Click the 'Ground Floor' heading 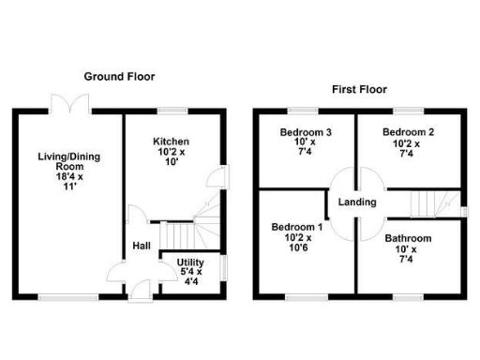(x=119, y=76)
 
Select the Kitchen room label (x=172, y=142)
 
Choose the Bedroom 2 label (x=408, y=133)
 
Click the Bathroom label (x=408, y=238)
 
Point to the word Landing (x=357, y=202)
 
